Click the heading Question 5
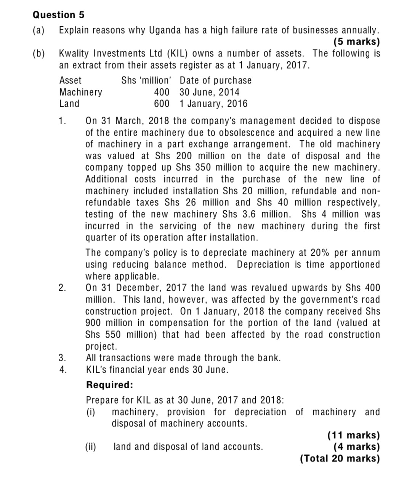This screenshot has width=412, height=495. point(59,15)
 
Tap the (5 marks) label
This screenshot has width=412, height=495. point(356,42)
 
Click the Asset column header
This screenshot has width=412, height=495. point(71,80)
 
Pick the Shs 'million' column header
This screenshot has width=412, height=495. point(146,80)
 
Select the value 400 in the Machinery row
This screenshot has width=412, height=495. point(162,92)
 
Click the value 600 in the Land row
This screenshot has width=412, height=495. point(162,104)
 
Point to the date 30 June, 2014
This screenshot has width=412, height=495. point(209,92)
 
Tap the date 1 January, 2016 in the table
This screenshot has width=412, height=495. point(213,104)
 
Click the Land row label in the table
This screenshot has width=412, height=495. point(69,104)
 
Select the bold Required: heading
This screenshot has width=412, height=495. point(110,385)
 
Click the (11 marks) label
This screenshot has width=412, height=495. point(354,435)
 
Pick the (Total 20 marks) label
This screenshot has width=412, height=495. point(340,458)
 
